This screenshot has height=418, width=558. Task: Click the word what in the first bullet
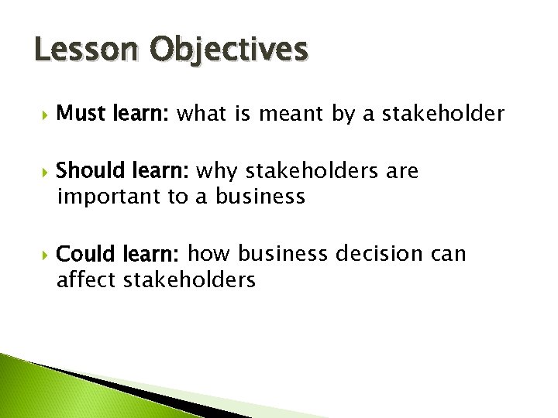click(201, 115)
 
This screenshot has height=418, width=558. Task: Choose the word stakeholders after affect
click(188, 279)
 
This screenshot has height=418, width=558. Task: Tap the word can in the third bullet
click(449, 254)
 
